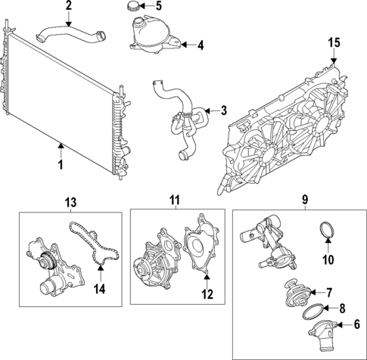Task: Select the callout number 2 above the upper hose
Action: [x=69, y=7]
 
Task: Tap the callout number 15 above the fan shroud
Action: [x=334, y=43]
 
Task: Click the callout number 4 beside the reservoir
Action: [x=201, y=45]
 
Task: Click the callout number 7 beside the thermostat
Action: [x=329, y=291]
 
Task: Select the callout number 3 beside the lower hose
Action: [x=223, y=111]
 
